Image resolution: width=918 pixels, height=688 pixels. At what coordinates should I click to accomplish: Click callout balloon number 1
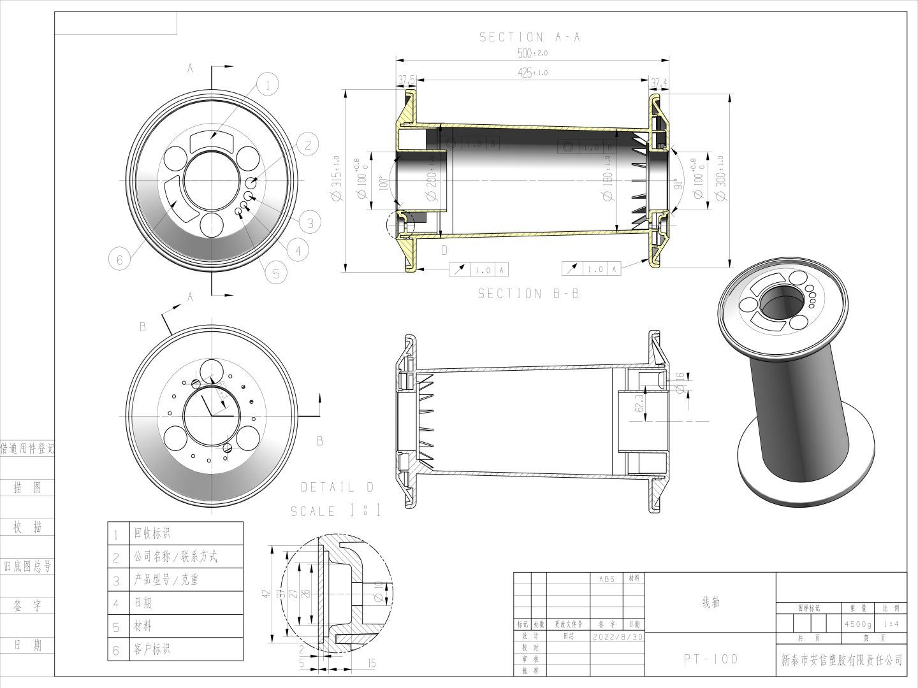click(x=268, y=85)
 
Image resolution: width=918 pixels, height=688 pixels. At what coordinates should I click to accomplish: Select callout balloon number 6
click(x=119, y=259)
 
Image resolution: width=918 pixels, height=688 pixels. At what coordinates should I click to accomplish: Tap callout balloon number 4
click(x=298, y=251)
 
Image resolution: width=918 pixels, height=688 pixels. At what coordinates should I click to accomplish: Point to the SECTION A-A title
click(x=530, y=38)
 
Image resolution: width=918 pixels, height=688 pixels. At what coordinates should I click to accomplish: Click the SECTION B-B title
click(x=528, y=294)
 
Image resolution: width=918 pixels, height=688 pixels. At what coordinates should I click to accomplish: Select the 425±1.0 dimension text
click(x=532, y=73)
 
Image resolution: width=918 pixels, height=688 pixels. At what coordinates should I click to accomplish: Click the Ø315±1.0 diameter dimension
click(x=336, y=180)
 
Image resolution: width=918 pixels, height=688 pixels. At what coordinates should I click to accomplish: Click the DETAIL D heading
click(x=337, y=487)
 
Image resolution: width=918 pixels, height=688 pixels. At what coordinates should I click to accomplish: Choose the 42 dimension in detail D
click(x=267, y=594)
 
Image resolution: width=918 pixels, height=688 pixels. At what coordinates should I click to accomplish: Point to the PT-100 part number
click(x=711, y=659)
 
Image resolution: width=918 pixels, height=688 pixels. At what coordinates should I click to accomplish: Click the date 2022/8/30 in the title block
click(x=618, y=636)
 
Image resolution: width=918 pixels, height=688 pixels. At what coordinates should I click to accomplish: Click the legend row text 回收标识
click(x=152, y=533)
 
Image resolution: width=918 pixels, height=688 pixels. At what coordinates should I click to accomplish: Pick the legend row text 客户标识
click(x=152, y=649)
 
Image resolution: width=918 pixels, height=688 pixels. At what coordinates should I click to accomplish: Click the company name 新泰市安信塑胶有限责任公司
click(x=841, y=660)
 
